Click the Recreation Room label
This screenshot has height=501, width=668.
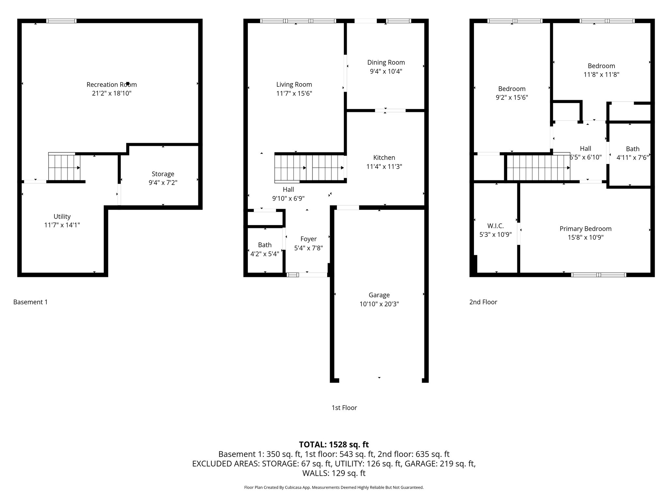coord(112,84)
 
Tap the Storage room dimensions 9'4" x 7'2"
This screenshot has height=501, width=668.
coord(163,183)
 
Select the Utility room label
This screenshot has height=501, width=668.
coord(62,217)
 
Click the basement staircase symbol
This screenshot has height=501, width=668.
coord(64,167)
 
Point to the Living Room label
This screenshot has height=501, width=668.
coord(294,84)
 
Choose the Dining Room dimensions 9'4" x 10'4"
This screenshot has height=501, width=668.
coord(386,71)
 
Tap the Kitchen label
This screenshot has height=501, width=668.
coord(384,158)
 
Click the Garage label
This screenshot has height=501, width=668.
coord(379,295)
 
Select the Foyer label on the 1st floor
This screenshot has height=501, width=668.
coord(308,239)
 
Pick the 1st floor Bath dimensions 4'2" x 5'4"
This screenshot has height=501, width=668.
coord(265,254)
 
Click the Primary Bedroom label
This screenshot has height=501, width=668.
coord(585,229)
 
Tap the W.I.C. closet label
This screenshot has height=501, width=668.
coord(495,226)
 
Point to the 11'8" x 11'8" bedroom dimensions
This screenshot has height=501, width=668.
coord(601,75)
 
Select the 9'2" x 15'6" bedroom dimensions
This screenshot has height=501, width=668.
coord(512,98)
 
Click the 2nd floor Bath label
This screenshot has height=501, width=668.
coord(632,149)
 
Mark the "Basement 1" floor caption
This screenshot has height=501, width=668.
coord(30,302)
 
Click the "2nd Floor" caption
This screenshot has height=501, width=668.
coord(483,302)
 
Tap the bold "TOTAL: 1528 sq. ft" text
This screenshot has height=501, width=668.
coord(334,444)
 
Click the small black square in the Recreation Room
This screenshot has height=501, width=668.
coord(128,83)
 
